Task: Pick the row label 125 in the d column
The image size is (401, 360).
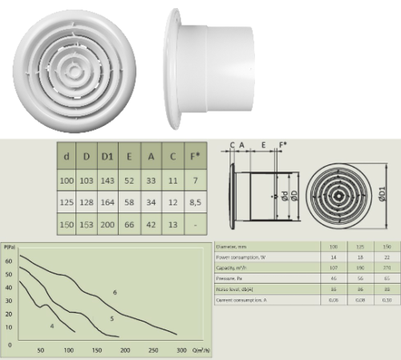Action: coord(67,204)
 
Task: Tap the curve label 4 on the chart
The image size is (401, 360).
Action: coord(51,326)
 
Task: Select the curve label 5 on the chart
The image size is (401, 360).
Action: coord(111,319)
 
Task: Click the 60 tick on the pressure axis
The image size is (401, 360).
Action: coord(9,261)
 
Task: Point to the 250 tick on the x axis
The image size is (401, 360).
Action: coord(152,350)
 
